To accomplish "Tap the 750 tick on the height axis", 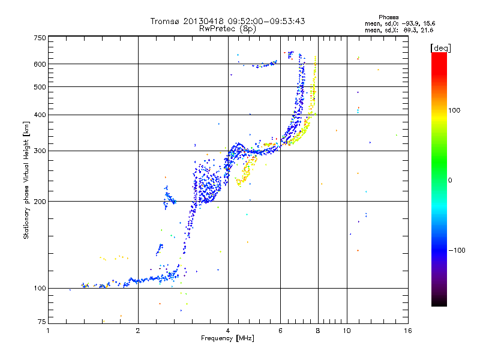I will (x=40, y=38).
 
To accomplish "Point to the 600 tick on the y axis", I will (x=40, y=64).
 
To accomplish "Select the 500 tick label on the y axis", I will (x=40, y=87).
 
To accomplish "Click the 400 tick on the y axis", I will (x=40, y=115).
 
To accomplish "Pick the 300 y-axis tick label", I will (x=40, y=151).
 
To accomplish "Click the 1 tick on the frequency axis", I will (x=48, y=331).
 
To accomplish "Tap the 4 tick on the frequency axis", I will (x=228, y=331).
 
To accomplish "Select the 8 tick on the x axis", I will (x=318, y=331).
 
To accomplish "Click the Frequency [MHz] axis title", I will (x=228, y=339).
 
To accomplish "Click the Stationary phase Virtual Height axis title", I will (x=26, y=180).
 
